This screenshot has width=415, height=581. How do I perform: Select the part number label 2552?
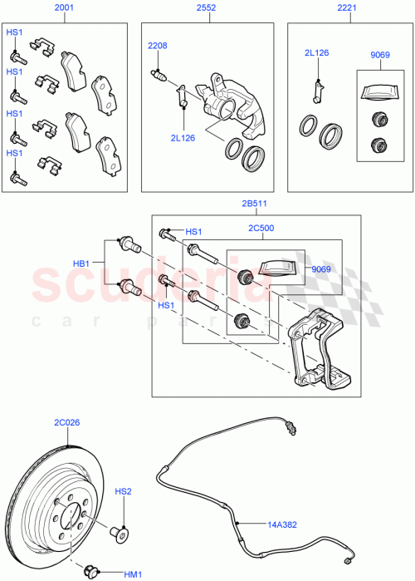[207, 9]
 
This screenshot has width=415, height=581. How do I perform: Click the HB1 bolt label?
[81, 264]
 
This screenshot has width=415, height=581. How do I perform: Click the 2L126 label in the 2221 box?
[316, 53]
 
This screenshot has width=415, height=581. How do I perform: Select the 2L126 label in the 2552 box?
[183, 138]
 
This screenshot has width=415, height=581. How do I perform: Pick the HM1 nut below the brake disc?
[90, 571]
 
